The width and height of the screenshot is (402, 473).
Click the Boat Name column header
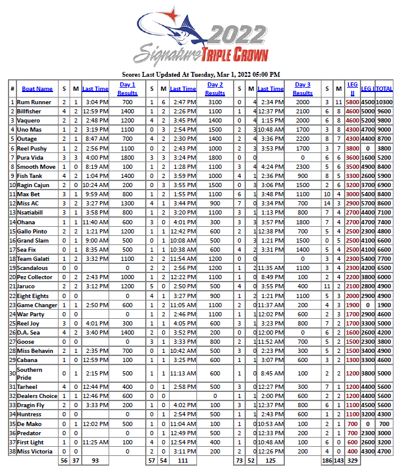[37, 89]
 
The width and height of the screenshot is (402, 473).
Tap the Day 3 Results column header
[303, 89]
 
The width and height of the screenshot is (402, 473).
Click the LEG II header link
[352, 89]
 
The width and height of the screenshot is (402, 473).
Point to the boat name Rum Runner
[34, 102]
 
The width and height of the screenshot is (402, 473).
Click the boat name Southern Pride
[30, 373]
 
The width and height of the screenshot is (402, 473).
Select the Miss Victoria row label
[36, 452]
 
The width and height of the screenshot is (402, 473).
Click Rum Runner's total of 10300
[384, 102]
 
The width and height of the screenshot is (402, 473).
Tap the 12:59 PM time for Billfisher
[95, 112]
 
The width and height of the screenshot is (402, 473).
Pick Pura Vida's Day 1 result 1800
[127, 157]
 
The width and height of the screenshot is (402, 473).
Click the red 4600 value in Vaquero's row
[352, 121]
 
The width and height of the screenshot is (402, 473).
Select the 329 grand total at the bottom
[352, 462]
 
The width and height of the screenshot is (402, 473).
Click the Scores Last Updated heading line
[201, 74]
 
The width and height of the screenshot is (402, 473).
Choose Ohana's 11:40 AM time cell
[95, 222]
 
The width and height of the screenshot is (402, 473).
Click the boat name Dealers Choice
[37, 396]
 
